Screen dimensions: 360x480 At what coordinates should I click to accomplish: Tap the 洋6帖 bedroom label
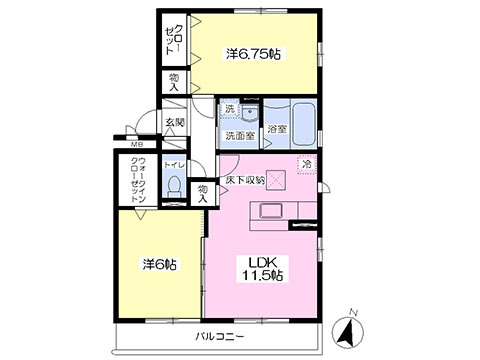pos(159,265)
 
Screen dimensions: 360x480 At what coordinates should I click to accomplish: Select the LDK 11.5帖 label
pos(263,268)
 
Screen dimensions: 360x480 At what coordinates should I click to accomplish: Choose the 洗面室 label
pos(239,135)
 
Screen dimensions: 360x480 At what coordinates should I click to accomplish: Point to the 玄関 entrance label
pos(175,122)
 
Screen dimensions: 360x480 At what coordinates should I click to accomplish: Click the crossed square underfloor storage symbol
pos(277,180)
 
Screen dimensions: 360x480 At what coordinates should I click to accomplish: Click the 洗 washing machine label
pos(229,108)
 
